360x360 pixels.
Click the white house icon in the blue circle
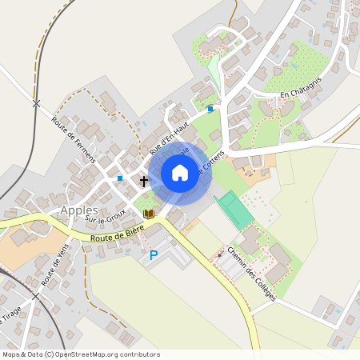pyautogui.click(x=180, y=173)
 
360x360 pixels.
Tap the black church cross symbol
pyautogui.click(x=144, y=182)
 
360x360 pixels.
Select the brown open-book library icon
pyautogui.click(x=148, y=214)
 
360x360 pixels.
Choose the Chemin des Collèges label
pyautogui.click(x=252, y=273)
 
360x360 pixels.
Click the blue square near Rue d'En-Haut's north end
pyautogui.click(x=210, y=109)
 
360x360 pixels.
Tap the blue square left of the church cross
pyautogui.click(x=120, y=178)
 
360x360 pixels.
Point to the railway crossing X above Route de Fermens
pyautogui.click(x=35, y=103)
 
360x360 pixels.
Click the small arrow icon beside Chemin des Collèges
pyautogui.click(x=222, y=254)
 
